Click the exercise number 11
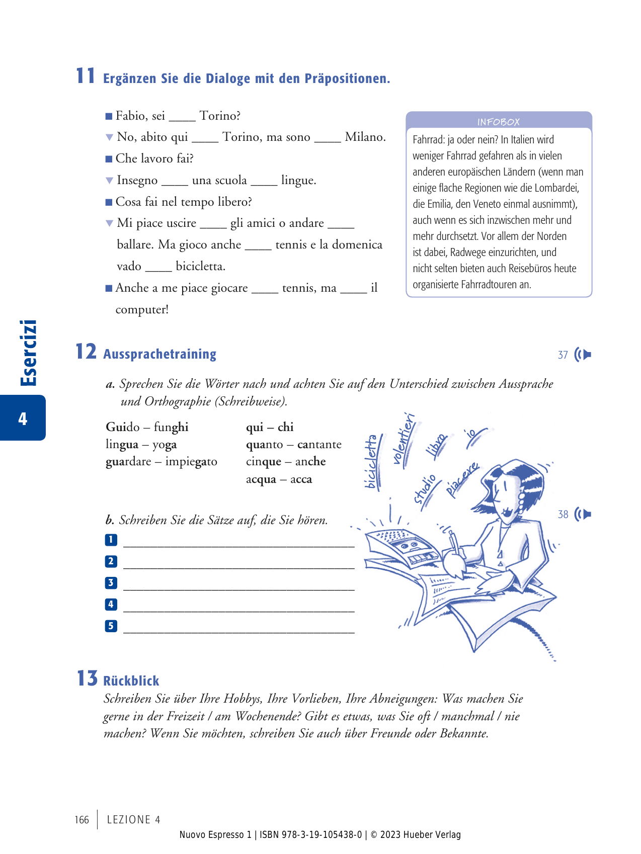tap(86, 76)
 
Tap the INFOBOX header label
tap(498, 122)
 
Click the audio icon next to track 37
tap(583, 355)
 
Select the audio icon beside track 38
tap(583, 514)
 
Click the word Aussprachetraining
tap(159, 354)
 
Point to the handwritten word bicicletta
tap(371, 462)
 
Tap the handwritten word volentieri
tap(404, 438)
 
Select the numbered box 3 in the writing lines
tap(111, 583)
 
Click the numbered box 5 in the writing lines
tap(111, 626)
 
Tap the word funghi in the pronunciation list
tap(171, 427)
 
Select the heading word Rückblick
tap(131, 680)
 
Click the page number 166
tap(82, 820)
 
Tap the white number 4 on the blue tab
tap(23, 418)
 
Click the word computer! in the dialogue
tap(142, 309)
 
